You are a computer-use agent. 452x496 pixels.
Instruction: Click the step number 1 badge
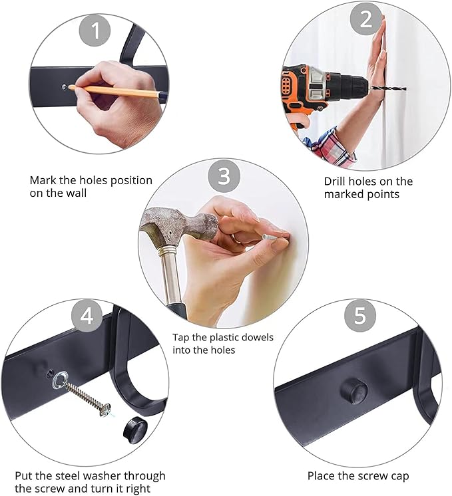95,31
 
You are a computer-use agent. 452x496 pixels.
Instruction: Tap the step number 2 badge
366,19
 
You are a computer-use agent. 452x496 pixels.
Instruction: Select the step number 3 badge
224,176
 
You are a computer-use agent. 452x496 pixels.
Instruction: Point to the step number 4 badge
87,315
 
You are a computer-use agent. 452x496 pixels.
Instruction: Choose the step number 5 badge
360,315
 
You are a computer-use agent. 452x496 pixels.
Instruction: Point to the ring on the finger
236,238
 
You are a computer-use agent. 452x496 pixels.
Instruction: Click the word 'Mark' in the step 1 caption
43,181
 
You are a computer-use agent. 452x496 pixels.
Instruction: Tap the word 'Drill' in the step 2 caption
336,182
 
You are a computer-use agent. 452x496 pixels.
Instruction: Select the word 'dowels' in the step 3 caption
257,337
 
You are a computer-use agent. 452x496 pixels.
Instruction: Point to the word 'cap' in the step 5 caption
399,477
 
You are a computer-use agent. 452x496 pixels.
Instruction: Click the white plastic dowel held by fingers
271,237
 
